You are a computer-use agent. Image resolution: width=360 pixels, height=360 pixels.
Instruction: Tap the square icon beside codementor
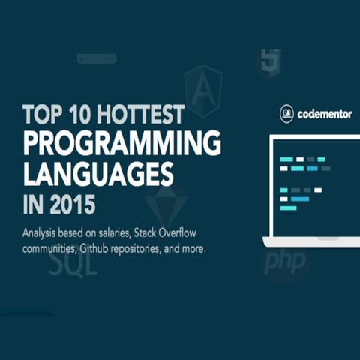click(286, 115)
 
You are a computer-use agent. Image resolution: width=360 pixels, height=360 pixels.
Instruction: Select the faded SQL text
click(73, 262)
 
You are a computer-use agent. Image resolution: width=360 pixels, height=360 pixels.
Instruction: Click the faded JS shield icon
click(270, 62)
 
